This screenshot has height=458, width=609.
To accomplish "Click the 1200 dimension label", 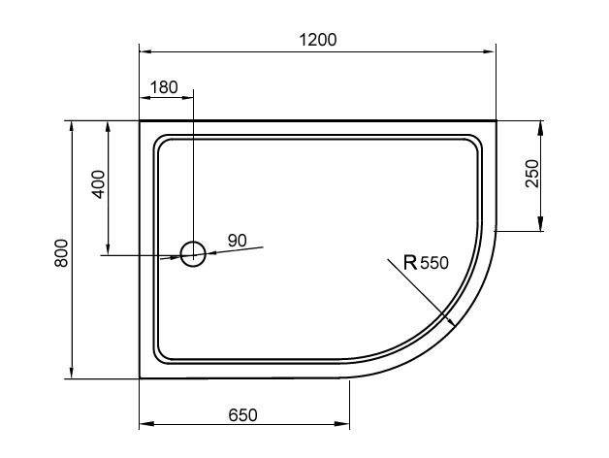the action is tap(318, 40).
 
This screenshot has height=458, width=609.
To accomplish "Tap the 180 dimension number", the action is tap(164, 87).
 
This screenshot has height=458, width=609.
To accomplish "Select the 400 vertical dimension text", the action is tap(99, 184).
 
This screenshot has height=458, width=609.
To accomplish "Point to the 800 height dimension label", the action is tap(61, 253).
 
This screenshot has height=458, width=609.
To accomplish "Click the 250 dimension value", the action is tap(532, 174).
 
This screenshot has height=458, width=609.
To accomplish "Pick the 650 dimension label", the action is tap(242, 415).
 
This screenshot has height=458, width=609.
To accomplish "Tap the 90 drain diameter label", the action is tap(237, 241).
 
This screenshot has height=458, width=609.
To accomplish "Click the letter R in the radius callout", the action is tap(410, 262).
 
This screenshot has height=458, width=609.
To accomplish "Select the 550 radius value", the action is tap(434, 263).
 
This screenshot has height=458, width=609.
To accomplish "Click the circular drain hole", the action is tap(193, 254).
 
